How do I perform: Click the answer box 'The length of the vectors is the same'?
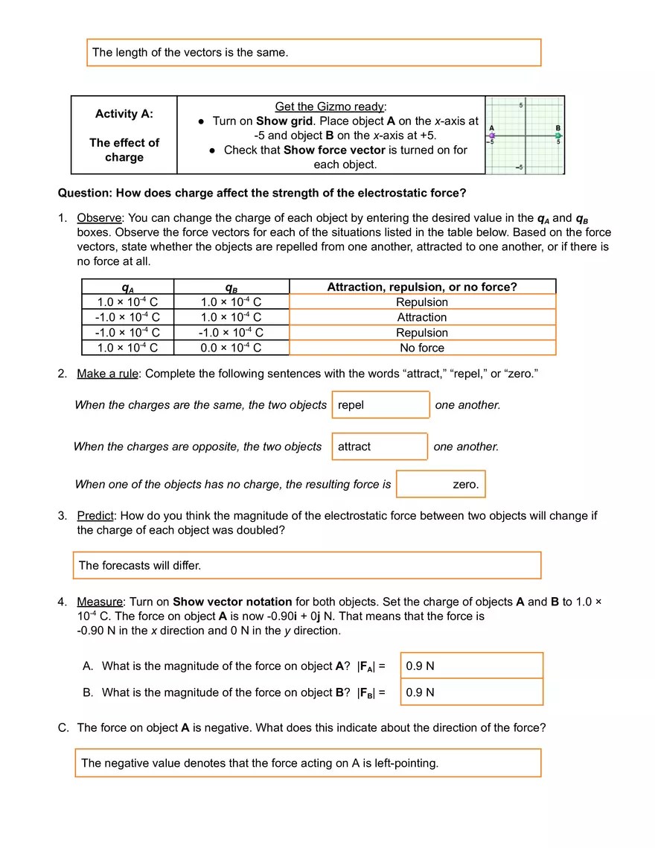pos(313,53)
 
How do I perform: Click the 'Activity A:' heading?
pos(124,114)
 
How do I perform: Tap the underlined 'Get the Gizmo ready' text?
pos(330,106)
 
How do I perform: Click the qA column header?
pos(127,287)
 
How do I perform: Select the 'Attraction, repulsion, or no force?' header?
pos(422,287)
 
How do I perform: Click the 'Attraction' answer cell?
pos(422,317)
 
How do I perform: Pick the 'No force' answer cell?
pos(422,348)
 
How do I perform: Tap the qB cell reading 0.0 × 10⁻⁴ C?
pos(231,348)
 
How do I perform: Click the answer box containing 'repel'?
pos(380,405)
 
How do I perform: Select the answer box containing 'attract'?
pos(380,447)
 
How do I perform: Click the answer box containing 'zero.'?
pos(441,484)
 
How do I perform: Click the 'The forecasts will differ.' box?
pos(307,565)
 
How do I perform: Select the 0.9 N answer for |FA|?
pos(472,666)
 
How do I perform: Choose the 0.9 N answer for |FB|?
pos(472,692)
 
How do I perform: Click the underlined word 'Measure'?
pos(99,602)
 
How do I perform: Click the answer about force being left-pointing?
pos(307,763)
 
